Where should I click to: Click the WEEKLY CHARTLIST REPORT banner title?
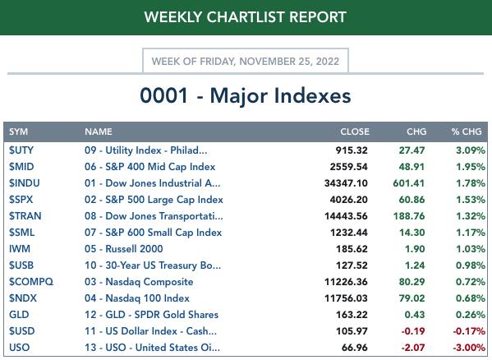click(x=246, y=17)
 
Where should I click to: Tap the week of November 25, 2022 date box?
click(x=246, y=61)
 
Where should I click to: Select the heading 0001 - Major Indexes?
click(x=246, y=95)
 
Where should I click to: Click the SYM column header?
click(x=19, y=132)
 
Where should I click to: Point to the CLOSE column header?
click(x=355, y=132)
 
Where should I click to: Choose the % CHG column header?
click(x=467, y=132)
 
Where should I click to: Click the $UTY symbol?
click(x=21, y=150)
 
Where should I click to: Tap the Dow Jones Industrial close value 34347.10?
click(x=346, y=183)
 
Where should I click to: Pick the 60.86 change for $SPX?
click(x=412, y=200)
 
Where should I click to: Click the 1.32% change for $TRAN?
click(x=471, y=216)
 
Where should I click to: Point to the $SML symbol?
click(x=21, y=233)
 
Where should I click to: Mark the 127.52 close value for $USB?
click(x=352, y=265)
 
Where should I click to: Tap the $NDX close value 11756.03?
click(x=346, y=298)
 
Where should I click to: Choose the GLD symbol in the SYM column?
click(x=19, y=315)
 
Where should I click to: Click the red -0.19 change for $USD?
click(x=413, y=331)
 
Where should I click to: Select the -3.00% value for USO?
click(x=469, y=348)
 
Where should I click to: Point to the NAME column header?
click(x=99, y=132)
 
